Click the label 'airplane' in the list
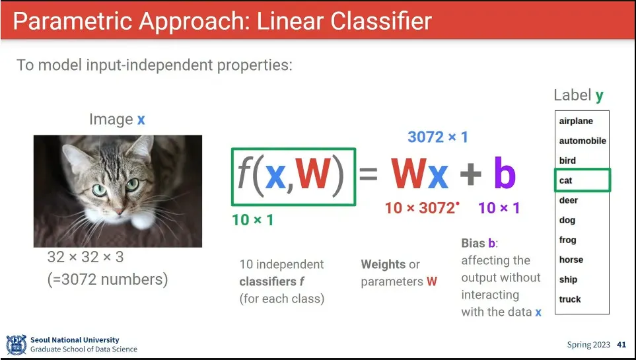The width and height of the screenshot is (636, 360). click(575, 121)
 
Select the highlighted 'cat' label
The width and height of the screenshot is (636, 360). click(565, 180)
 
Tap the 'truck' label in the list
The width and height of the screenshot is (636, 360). click(570, 299)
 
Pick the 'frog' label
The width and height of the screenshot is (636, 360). click(567, 240)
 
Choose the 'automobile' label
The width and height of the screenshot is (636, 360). click(583, 141)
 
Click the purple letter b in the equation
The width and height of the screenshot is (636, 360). click(505, 172)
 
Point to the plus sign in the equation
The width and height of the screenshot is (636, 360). click(470, 174)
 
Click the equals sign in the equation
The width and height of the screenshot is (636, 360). click(369, 174)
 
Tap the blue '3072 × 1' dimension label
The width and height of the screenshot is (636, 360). click(438, 137)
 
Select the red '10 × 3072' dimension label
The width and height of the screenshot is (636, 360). click(420, 208)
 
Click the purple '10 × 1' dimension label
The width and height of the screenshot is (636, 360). click(499, 208)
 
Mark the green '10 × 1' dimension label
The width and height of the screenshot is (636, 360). click(253, 219)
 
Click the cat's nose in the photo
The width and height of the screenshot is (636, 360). click(120, 211)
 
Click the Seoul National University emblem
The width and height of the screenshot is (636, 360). click(17, 345)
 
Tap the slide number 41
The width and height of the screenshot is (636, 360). click(621, 345)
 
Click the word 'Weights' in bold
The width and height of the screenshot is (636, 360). click(383, 264)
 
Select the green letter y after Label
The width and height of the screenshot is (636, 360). click(600, 96)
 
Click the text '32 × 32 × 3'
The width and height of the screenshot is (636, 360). click(85, 256)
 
